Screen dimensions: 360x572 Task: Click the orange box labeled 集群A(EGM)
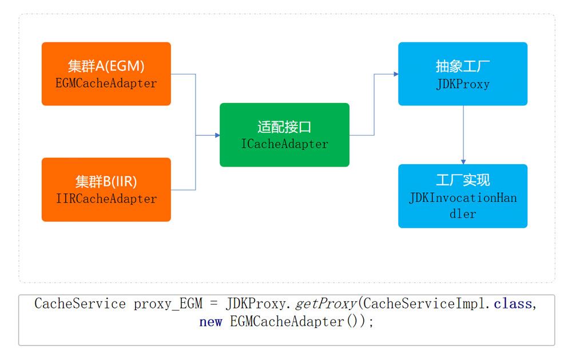coord(106,73)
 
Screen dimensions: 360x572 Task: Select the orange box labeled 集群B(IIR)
coord(106,189)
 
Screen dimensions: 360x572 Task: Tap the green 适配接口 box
coord(284,134)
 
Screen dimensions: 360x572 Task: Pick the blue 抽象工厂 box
coord(463,73)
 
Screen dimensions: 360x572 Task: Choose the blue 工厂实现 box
coord(463,196)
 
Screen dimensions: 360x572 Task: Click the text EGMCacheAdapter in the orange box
coord(106,84)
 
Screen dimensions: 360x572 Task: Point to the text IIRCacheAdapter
coord(106,199)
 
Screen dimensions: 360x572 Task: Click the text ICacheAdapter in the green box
coord(284,144)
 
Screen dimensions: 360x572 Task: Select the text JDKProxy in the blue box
coord(463,84)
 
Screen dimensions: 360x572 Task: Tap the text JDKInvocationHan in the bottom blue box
coord(463,198)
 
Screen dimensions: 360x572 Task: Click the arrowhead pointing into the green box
coord(217,135)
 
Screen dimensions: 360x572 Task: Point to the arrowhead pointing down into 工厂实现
coord(463,161)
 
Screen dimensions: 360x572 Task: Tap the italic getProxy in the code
coord(325,304)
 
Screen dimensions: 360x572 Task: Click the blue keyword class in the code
coord(513,304)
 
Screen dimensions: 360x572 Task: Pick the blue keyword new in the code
coord(210,322)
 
